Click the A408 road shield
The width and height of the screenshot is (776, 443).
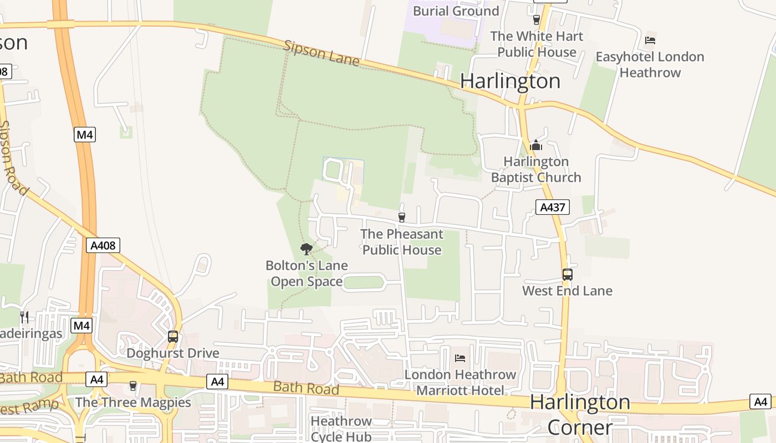tap(103, 245)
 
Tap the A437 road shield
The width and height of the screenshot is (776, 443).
tap(553, 207)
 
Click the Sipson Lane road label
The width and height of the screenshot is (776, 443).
tap(321, 53)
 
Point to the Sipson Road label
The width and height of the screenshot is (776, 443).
tap(13, 158)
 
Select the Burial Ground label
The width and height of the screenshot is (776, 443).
tap(456, 11)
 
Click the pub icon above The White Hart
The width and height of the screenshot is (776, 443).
tap(536, 20)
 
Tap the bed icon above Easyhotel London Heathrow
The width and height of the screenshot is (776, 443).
tap(650, 40)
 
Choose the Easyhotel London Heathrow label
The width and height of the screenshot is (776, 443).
tap(650, 64)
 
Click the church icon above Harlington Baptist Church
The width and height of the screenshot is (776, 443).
tap(536, 146)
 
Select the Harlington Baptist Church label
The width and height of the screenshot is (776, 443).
tap(536, 169)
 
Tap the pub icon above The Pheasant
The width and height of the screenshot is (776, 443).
tap(402, 218)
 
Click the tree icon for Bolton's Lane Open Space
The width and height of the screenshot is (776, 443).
tap(306, 249)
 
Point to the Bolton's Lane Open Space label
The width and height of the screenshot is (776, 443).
tap(307, 274)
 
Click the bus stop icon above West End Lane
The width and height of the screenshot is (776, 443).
tap(567, 274)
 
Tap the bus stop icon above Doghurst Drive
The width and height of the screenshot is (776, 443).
tap(173, 336)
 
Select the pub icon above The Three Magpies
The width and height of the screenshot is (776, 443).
tap(132, 385)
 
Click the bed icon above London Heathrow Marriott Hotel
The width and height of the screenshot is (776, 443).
tap(460, 358)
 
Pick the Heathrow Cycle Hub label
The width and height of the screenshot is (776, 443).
tap(341, 429)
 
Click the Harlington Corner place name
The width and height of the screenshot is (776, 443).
tap(580, 414)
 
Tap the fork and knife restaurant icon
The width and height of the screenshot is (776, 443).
tap(24, 317)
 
